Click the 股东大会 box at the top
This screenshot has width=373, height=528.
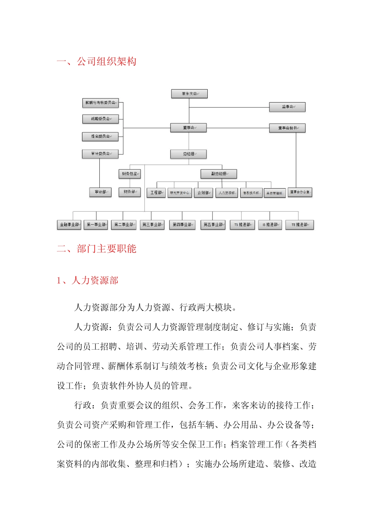coord(189,94)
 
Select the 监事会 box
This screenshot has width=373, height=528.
coord(287,107)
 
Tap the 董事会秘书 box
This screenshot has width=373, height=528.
coord(287,128)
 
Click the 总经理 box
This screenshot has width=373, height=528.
coord(188,154)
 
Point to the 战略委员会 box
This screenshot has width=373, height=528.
coord(100,119)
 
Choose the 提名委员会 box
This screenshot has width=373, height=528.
coord(100,136)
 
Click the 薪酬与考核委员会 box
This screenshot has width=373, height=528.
coord(100,103)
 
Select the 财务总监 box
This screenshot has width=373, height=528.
coord(130,174)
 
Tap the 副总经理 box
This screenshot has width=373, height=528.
coord(219,174)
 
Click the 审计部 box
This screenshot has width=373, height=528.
coord(100,192)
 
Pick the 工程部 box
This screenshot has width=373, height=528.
coord(156,193)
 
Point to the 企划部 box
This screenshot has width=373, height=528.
coord(203,193)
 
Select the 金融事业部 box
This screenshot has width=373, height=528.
coord(69,225)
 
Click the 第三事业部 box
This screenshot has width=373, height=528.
coord(152,225)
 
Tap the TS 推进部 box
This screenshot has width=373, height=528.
coord(242,225)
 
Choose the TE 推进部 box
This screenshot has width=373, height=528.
coord(300,225)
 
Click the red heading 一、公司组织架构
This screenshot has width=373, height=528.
coord(97,62)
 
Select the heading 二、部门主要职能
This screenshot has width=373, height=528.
coord(97,249)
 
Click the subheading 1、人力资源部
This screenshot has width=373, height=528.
coord(88,280)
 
